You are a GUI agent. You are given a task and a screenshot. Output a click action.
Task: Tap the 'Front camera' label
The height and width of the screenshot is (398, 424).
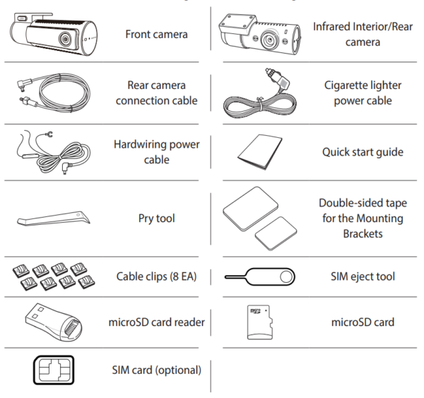[x=156, y=34]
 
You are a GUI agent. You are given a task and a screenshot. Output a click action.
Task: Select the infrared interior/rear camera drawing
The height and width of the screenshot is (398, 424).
[x=259, y=33]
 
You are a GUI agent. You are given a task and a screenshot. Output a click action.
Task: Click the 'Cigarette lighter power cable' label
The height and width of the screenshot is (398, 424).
[x=362, y=93]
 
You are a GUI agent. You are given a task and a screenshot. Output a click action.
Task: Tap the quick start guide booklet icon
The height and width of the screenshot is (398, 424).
[x=259, y=150]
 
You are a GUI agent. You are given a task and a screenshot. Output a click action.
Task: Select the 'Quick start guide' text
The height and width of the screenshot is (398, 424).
[x=363, y=152]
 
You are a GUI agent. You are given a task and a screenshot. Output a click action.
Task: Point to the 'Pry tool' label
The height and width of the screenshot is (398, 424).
[x=156, y=218]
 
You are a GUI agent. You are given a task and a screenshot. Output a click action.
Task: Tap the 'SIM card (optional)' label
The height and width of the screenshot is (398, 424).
[x=156, y=370]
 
